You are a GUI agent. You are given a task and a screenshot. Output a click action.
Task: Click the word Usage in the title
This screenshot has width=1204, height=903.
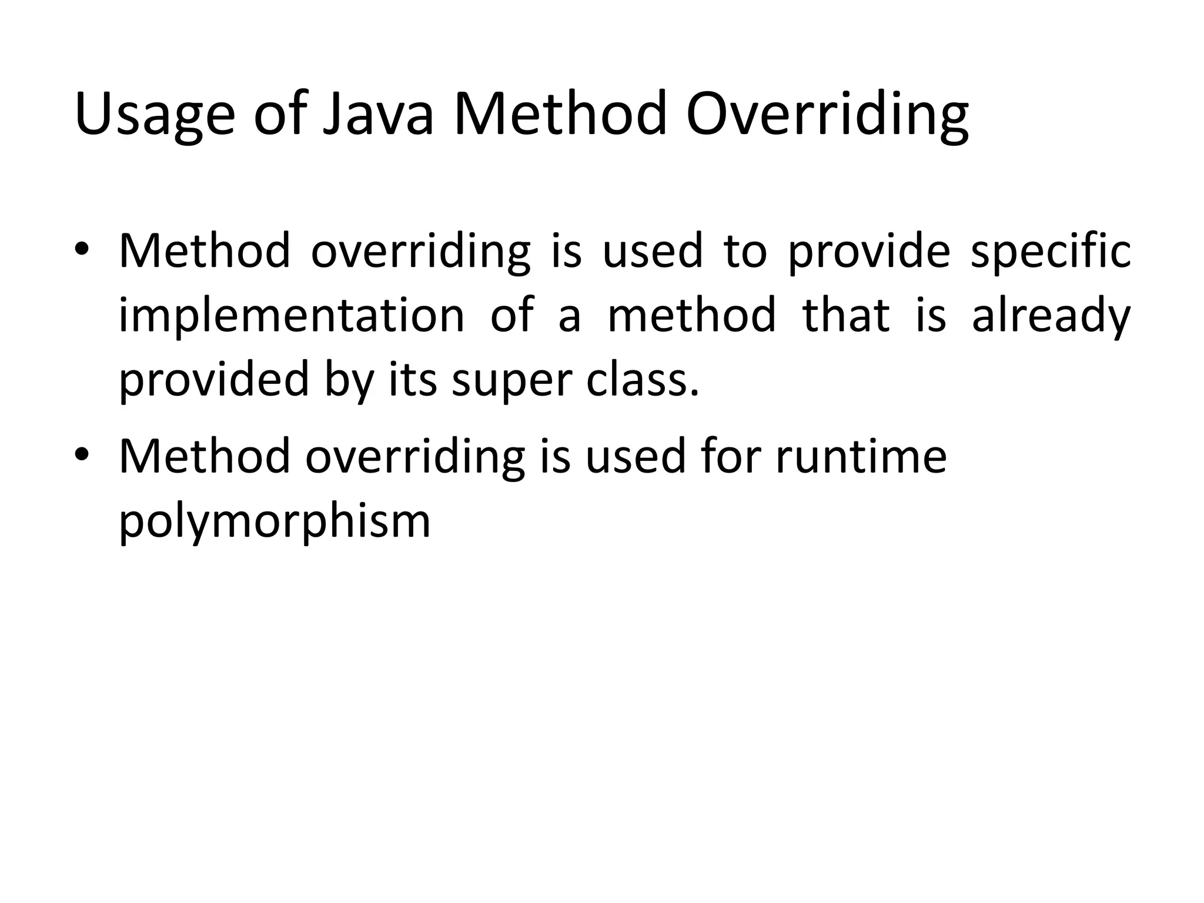(155, 115)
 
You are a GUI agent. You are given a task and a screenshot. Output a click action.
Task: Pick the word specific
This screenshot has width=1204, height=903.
(1051, 252)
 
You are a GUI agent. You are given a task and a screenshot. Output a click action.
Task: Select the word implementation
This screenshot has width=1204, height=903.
(292, 316)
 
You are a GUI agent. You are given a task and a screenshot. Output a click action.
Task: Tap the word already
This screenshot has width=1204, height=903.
(1051, 316)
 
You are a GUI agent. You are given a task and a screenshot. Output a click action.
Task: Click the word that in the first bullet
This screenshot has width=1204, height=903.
(846, 315)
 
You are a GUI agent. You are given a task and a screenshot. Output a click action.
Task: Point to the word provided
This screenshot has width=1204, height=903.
(214, 380)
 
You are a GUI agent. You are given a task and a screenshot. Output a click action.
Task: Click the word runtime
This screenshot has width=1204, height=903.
(861, 456)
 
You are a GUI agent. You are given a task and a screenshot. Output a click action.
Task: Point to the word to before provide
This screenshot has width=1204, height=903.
(745, 252)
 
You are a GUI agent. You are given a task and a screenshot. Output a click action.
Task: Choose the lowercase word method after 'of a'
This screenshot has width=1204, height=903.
(691, 315)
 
